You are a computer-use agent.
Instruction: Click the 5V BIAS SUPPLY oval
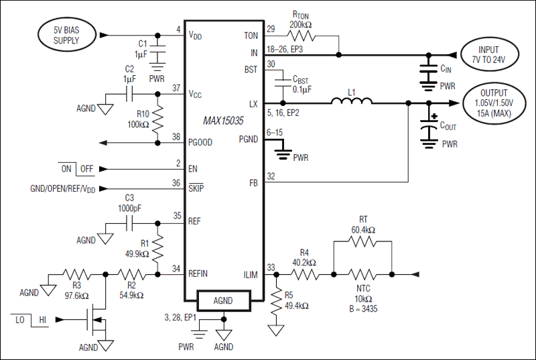coord(66,35)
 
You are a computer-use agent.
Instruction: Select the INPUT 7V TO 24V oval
coord(488,54)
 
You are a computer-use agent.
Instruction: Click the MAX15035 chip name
coord(224,121)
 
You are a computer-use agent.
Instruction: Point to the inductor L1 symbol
coord(352,103)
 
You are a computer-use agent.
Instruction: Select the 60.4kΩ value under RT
coord(362,230)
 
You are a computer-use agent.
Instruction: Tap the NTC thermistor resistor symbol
coord(362,274)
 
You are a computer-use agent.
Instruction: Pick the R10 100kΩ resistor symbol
coord(158,120)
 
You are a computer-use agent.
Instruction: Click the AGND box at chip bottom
coord(223,300)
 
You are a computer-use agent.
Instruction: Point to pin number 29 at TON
coord(271,29)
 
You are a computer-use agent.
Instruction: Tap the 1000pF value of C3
coord(129,208)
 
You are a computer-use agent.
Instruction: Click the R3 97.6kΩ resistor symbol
coord(75,274)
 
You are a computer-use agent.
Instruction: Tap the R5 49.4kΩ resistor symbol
coord(275,301)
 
